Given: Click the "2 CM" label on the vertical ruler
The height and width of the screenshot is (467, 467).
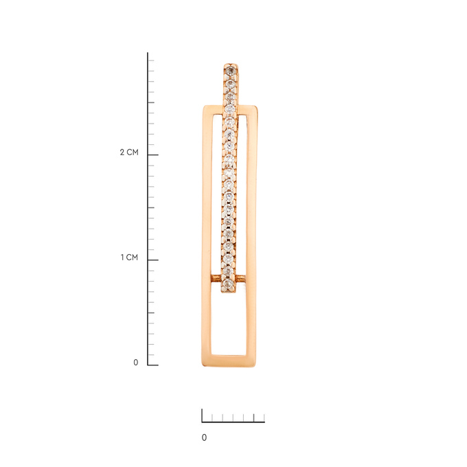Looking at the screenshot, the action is pos(129,152).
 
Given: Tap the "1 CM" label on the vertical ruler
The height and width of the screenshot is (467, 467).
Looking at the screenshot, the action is pos(129,258).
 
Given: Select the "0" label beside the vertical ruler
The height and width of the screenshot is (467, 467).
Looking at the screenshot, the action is pos(136,363).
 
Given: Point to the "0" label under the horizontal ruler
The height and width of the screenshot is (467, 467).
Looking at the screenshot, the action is pos(204,437).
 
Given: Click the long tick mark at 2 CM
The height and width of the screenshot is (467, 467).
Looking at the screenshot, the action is pos(153,155).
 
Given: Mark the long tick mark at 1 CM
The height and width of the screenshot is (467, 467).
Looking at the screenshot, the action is pos(153,260).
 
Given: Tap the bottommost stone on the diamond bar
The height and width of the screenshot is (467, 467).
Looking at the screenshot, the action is pos(228,284).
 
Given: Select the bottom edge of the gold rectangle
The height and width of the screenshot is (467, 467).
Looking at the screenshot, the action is pos(229,361).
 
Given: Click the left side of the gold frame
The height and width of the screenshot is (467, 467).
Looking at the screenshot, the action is pos(207,236).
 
